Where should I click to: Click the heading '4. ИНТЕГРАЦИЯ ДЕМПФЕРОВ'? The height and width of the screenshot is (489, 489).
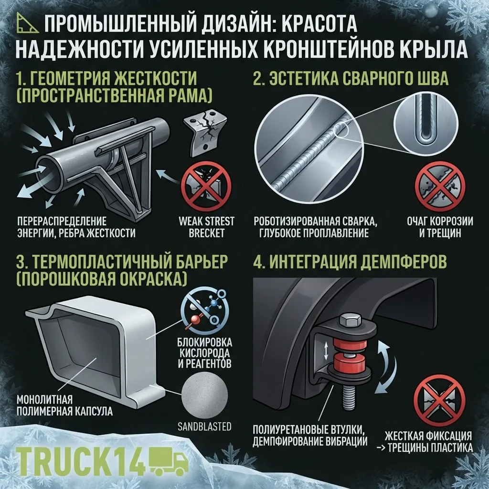[x=350, y=262]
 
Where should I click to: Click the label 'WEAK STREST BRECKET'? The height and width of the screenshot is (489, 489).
[x=206, y=227]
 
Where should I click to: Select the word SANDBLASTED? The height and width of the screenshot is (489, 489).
[x=204, y=426]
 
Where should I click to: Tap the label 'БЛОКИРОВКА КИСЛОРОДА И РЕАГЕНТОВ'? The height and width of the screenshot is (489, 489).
[x=205, y=353]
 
